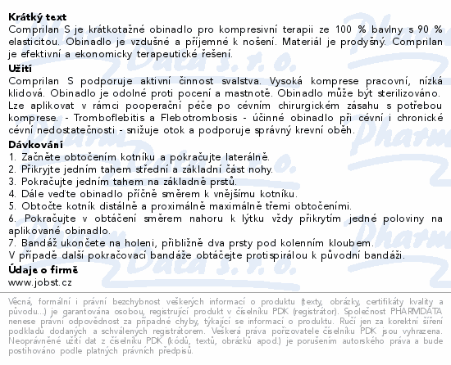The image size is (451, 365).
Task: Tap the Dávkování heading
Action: pos(35,144)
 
